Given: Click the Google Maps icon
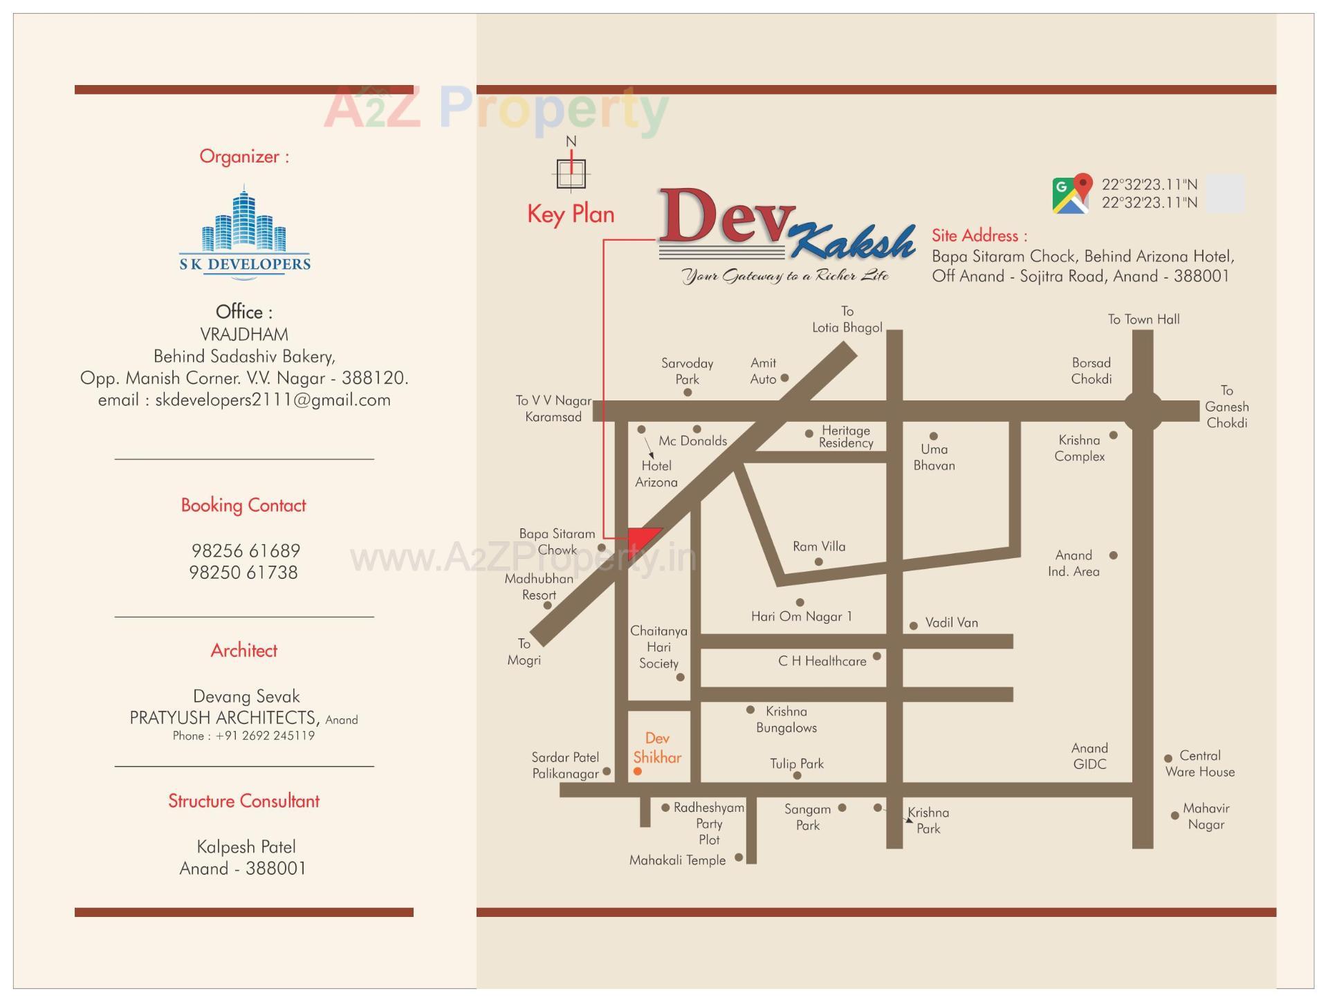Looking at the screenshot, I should [x=1071, y=194].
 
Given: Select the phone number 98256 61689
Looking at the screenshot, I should [x=246, y=551].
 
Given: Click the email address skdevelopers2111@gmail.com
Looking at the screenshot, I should [x=273, y=400].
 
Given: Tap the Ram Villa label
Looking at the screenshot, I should [x=819, y=546].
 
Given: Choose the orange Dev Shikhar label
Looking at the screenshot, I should [x=657, y=748].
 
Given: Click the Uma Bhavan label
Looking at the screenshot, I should [x=934, y=457].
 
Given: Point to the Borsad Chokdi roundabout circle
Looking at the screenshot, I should [x=1143, y=411].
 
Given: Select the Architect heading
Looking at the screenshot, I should [x=244, y=651].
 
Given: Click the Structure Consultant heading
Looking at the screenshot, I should [x=244, y=801].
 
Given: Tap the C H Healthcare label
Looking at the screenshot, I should [x=822, y=661].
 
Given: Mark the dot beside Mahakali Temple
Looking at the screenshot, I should [x=739, y=857].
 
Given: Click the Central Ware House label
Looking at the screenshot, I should [x=1200, y=763].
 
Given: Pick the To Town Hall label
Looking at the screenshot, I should [x=1143, y=319].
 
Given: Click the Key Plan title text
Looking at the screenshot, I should [x=571, y=214].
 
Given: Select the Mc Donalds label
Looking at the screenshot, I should [x=692, y=441].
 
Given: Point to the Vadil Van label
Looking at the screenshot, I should [x=952, y=623].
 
